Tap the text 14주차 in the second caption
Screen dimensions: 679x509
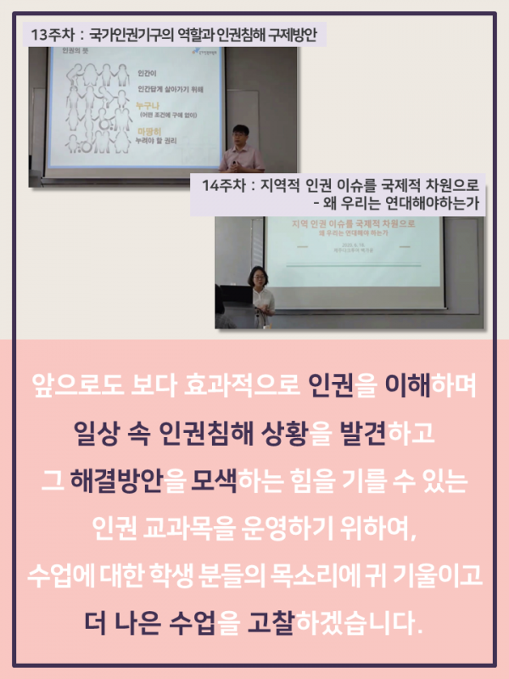[x=222, y=186]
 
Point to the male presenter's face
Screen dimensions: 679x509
[x=239, y=133]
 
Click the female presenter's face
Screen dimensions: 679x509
[x=255, y=277]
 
